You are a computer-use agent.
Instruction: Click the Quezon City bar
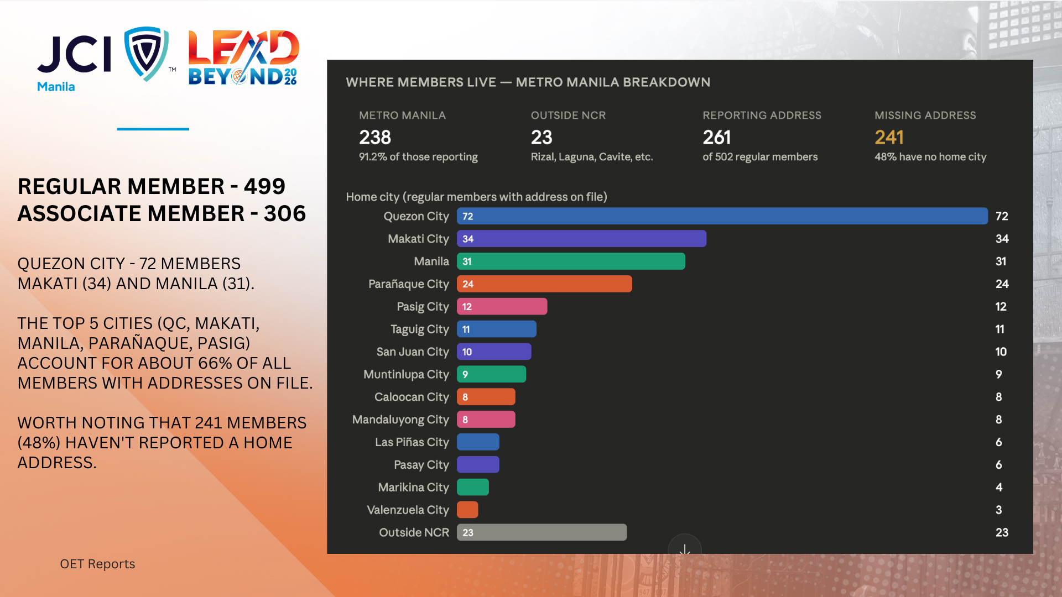pyautogui.click(x=722, y=216)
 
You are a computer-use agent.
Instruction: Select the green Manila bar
pyautogui.click(x=571, y=261)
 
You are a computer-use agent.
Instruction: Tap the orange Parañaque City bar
pyautogui.click(x=544, y=284)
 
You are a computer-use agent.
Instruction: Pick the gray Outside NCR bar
pyautogui.click(x=542, y=532)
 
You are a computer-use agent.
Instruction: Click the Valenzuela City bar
pyautogui.click(x=467, y=510)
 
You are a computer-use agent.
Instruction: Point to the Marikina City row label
pyautogui.click(x=413, y=488)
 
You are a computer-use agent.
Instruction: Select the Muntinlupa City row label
pyautogui.click(x=406, y=374)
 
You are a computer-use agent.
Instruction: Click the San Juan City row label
pyautogui.click(x=413, y=352)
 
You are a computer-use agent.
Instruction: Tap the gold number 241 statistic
pyautogui.click(x=889, y=137)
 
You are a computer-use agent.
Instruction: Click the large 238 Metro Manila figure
pyautogui.click(x=375, y=137)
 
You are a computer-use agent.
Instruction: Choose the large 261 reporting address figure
pyautogui.click(x=717, y=137)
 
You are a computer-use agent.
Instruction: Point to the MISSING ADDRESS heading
pyautogui.click(x=925, y=115)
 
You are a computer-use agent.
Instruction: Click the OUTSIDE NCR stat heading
pyautogui.click(x=568, y=115)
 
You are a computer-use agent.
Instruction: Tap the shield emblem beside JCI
pyautogui.click(x=146, y=54)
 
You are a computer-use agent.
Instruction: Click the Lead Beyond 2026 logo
pyautogui.click(x=243, y=58)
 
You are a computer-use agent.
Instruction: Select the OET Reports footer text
pyautogui.click(x=97, y=564)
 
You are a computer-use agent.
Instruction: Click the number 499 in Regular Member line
pyautogui.click(x=264, y=186)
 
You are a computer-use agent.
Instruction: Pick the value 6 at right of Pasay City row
pyautogui.click(x=998, y=465)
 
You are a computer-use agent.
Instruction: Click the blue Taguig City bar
pyautogui.click(x=496, y=329)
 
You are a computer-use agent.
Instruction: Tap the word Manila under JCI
pyautogui.click(x=56, y=87)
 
